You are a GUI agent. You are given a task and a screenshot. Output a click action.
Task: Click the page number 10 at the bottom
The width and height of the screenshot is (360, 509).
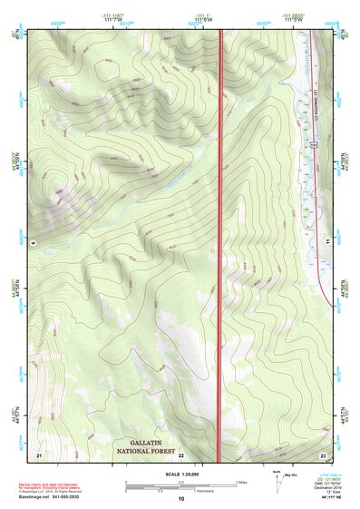180,498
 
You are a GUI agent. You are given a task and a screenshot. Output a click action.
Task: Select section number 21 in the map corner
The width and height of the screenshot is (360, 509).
38,454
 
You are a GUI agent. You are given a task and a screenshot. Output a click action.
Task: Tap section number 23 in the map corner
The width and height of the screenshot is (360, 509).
323,454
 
